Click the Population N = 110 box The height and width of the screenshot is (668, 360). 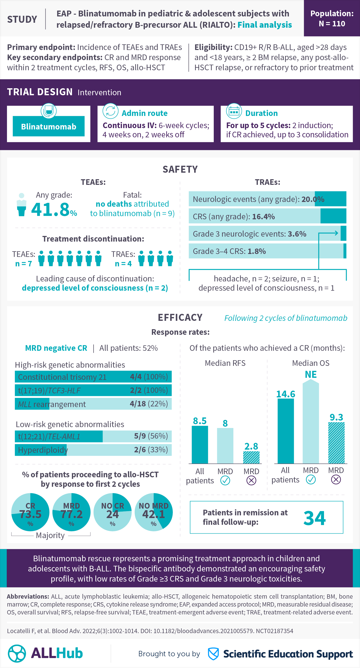point(331,18)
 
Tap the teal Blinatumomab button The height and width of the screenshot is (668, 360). point(48,126)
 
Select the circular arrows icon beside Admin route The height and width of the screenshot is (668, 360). point(110,111)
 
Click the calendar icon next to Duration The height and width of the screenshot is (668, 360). point(234,111)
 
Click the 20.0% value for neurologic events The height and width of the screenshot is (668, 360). point(313,199)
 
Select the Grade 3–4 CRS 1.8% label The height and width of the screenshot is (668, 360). point(229,251)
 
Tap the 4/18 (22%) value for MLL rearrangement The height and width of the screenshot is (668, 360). point(149,404)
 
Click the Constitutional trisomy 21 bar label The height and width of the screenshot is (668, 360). point(62,377)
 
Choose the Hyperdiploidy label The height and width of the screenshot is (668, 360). point(43,450)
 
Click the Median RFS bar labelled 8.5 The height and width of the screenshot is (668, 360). point(200,444)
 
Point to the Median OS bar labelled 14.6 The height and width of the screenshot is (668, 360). point(286,431)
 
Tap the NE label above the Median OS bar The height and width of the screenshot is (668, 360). point(310,374)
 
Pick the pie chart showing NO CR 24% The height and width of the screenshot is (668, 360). point(112,512)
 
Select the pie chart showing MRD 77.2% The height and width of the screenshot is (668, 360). point(71,512)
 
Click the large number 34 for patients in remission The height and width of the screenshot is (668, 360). point(314,518)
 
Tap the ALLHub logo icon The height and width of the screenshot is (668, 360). point(17,653)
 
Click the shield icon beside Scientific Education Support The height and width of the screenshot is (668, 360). point(213,654)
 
